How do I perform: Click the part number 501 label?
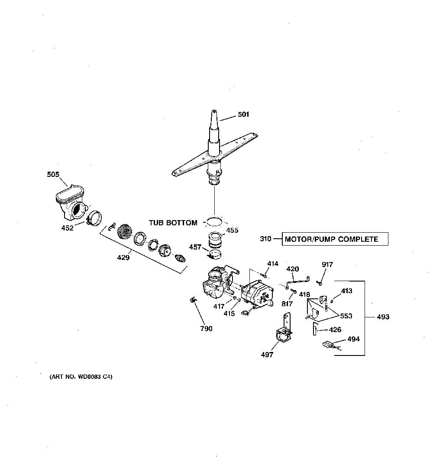(243, 114)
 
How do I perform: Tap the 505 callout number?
(53, 174)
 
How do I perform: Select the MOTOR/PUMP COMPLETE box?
(335, 239)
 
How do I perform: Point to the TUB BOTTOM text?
(173, 223)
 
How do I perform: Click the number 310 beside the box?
(265, 239)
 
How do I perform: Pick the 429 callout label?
(123, 258)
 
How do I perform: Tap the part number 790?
(207, 328)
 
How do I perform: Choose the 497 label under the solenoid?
(267, 355)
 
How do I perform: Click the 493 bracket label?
(383, 317)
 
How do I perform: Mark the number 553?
(346, 316)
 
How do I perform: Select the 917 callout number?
(327, 264)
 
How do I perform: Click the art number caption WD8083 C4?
(81, 377)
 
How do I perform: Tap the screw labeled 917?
(319, 283)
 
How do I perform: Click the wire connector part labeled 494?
(332, 346)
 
